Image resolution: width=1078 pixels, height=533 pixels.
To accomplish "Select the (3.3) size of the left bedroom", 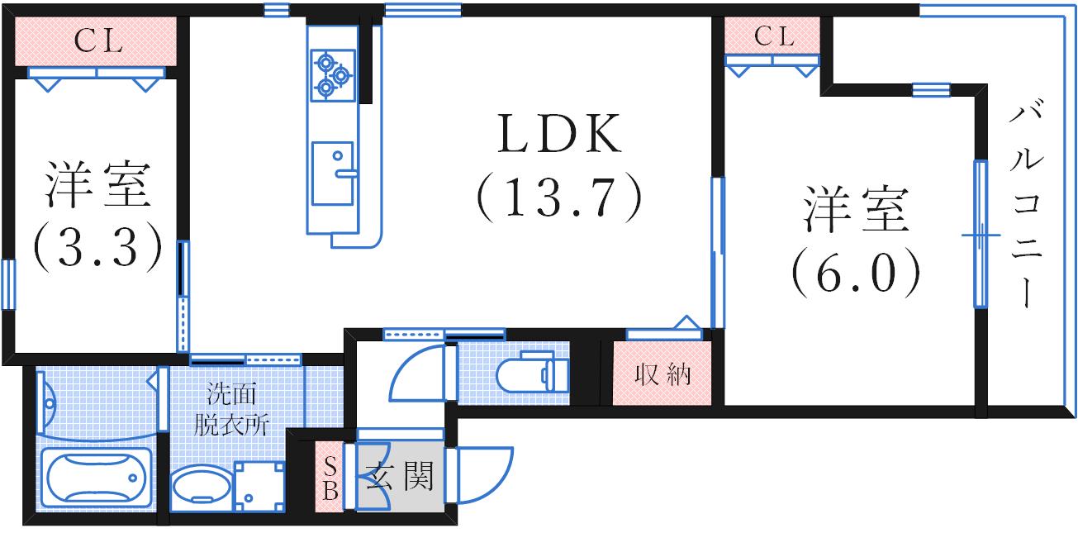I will pyautogui.click(x=97, y=245).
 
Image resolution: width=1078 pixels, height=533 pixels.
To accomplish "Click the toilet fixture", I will pyautogui.click(x=534, y=374).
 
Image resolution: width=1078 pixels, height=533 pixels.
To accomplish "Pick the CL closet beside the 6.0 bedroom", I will pyautogui.click(x=772, y=36).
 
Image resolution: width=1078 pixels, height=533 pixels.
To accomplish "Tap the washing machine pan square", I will pyautogui.click(x=259, y=485).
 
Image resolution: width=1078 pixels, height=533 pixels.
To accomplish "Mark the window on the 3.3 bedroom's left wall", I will pyautogui.click(x=8, y=284).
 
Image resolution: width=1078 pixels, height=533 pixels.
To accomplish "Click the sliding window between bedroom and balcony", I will pyautogui.click(x=981, y=235).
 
